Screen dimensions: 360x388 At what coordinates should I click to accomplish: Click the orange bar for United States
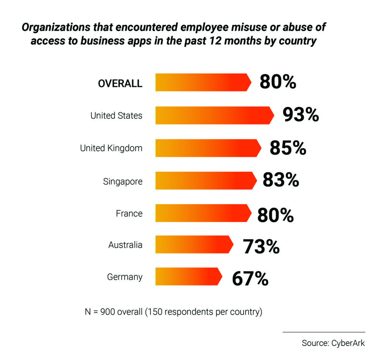(x=214, y=115)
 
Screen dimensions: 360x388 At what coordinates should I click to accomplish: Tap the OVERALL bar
(x=203, y=82)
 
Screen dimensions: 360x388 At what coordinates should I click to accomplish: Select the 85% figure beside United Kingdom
(x=288, y=148)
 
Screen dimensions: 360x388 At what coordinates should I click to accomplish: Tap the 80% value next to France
(x=275, y=215)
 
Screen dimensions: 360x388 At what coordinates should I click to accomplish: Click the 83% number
(x=281, y=181)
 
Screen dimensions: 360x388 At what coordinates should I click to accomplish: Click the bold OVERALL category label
(x=120, y=83)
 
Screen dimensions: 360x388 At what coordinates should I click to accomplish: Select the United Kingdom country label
(x=111, y=148)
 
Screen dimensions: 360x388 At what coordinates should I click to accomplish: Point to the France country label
(x=129, y=214)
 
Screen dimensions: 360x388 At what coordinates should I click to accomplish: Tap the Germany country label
(x=125, y=277)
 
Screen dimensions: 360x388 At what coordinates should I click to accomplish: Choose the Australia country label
(x=125, y=245)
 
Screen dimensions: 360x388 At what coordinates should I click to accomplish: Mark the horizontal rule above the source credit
(x=324, y=332)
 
